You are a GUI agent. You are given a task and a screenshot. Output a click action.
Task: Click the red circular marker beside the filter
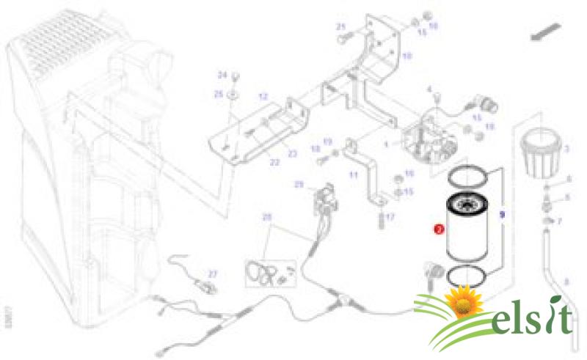[439, 229]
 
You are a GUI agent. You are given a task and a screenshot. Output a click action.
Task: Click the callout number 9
[502, 216]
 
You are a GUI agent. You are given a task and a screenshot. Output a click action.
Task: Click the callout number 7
[560, 221]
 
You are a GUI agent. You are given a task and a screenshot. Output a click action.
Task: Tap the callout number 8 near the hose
[566, 281]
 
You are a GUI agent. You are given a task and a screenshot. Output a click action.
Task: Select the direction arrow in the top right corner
[544, 32]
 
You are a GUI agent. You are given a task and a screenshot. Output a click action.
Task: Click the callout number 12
[263, 96]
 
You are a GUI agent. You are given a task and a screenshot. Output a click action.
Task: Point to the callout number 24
[221, 75]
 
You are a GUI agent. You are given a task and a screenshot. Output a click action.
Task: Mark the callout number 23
[292, 153]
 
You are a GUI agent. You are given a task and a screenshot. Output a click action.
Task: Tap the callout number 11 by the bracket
[354, 175]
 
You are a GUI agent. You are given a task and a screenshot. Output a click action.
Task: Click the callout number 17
[390, 217]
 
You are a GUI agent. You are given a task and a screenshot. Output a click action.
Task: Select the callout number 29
[299, 184]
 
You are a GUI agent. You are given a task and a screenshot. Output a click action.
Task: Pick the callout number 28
[267, 217]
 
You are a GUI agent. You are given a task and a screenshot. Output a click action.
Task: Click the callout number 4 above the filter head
[430, 89]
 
